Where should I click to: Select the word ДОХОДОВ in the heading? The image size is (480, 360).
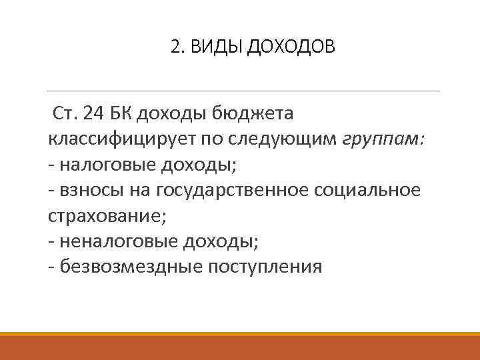coord(293,47)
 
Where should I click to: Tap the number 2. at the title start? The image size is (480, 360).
coord(178,47)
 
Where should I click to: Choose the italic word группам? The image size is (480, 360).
coord(384,141)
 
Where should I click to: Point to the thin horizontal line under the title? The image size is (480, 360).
coord(244,91)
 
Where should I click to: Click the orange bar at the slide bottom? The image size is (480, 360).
coord(240,346)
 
